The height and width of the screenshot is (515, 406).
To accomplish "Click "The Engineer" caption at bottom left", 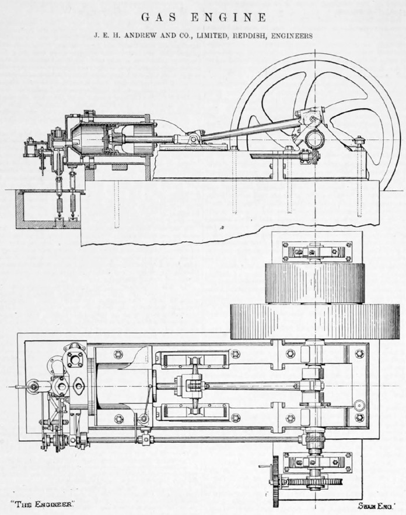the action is [42, 504].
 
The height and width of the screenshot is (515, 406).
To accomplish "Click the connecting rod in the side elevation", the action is [250, 128].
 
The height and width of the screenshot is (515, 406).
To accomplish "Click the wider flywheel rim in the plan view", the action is [315, 322].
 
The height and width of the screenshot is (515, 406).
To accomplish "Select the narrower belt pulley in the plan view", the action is [315, 284].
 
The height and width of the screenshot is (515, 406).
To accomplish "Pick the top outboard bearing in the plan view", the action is [317, 252].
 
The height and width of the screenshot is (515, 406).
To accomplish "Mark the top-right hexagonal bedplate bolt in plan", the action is [360, 354].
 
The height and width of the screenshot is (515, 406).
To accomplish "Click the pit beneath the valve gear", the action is [50, 209].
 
